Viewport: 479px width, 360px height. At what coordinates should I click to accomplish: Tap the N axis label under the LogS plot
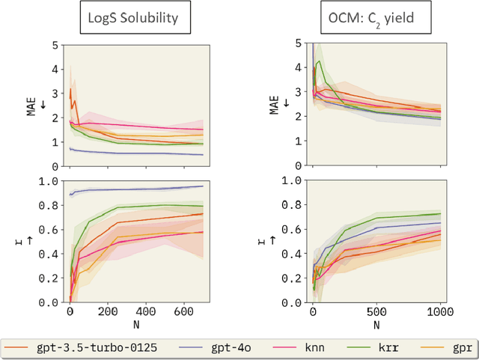click(136, 324)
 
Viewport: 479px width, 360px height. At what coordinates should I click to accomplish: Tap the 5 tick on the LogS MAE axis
click(55, 45)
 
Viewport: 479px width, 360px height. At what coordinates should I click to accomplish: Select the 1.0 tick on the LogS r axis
click(51, 180)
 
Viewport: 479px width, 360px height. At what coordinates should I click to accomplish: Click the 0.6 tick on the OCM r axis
click(294, 229)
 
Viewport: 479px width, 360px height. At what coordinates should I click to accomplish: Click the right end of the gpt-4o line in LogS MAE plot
click(203, 155)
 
